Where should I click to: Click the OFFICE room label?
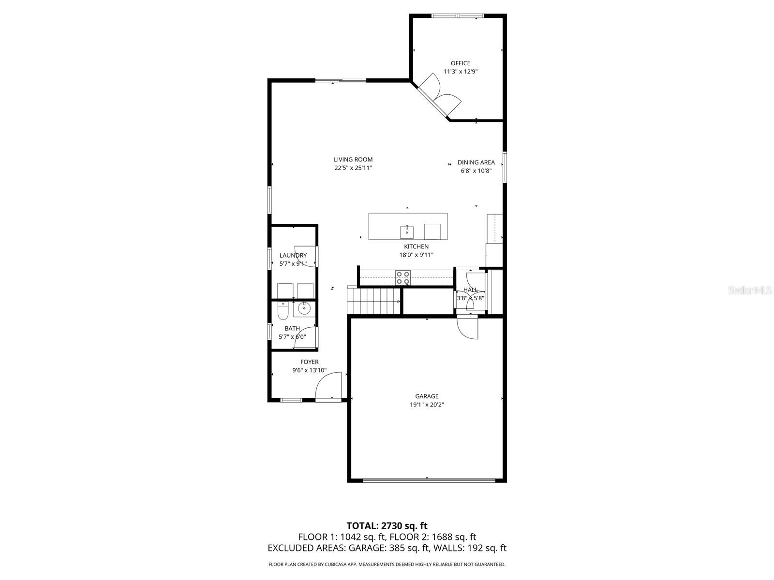click(460, 63)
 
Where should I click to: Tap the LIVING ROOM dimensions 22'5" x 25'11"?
click(353, 168)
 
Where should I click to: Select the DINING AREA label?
click(476, 162)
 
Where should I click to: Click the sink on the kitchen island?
click(406, 232)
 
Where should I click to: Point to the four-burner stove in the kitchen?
click(403, 277)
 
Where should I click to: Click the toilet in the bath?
click(283, 312)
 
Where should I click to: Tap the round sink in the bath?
click(304, 308)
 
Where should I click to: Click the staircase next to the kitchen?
click(374, 300)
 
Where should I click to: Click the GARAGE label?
click(427, 396)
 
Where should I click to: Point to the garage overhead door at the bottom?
click(429, 480)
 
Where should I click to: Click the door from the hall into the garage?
click(467, 327)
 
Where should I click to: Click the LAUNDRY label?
click(293, 255)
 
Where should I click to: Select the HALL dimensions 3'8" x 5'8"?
click(470, 298)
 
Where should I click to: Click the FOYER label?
click(309, 362)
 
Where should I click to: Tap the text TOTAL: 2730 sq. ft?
click(387, 525)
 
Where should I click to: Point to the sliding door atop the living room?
click(341, 80)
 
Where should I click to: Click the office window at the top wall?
click(458, 15)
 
